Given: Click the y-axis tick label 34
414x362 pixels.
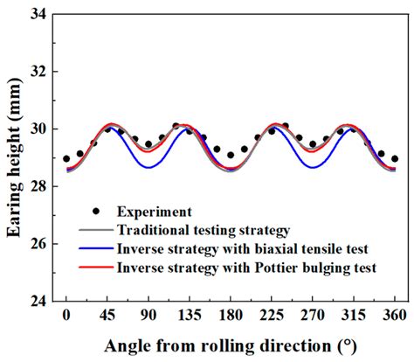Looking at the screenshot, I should [38, 14].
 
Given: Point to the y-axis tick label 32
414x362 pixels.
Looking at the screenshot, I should [38, 72].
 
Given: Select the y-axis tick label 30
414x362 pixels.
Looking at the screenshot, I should [38, 129].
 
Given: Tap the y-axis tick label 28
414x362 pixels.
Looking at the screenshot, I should [38, 186].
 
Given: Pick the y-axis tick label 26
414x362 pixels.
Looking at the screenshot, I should [38, 244].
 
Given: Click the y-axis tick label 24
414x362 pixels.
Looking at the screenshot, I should [38, 301].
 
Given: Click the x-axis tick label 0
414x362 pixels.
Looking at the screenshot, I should [66, 313].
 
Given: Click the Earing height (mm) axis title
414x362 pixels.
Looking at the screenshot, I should [13, 157].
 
